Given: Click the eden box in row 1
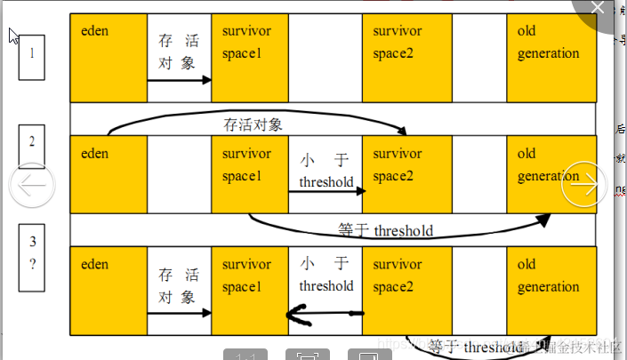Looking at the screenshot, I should (x=109, y=58).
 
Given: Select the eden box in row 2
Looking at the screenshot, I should (x=109, y=173).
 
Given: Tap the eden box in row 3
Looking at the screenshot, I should (x=109, y=290).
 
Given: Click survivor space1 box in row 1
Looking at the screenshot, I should (x=250, y=58).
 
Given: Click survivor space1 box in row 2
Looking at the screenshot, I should (x=250, y=173).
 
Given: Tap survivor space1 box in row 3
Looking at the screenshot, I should (x=250, y=290).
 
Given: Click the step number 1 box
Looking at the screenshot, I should (x=32, y=57).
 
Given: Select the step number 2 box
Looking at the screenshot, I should (x=32, y=147).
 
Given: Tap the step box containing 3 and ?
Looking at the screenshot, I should (x=33, y=252).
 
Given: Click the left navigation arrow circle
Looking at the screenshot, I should (x=32, y=185).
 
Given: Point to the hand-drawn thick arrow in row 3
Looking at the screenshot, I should (x=325, y=313).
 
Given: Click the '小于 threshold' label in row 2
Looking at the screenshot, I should (x=326, y=172).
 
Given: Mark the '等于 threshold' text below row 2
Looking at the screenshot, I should (x=386, y=230).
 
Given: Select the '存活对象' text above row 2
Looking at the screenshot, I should (x=253, y=124).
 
